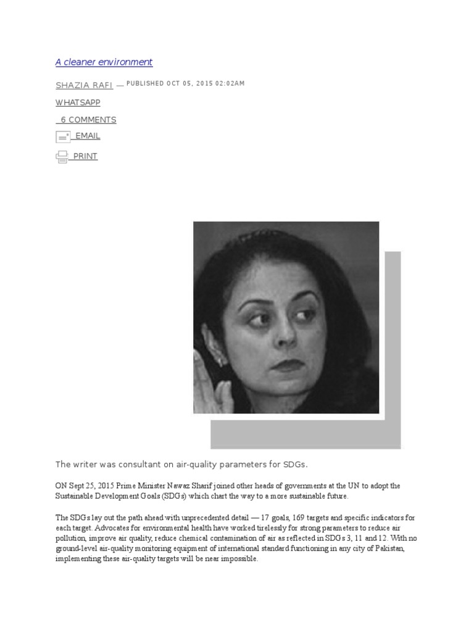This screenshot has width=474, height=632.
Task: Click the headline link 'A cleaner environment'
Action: [104, 62]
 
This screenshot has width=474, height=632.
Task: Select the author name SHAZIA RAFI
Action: [84, 85]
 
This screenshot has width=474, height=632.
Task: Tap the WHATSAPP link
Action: [78, 102]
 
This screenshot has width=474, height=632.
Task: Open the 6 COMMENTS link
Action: [88, 120]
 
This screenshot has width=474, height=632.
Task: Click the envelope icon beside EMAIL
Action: [63, 136]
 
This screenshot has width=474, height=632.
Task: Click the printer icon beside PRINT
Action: [62, 157]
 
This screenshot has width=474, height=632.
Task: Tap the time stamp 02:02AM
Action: [230, 83]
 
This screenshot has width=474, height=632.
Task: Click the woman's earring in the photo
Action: [217, 358]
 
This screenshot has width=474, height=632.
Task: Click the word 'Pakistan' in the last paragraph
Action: [389, 549]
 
